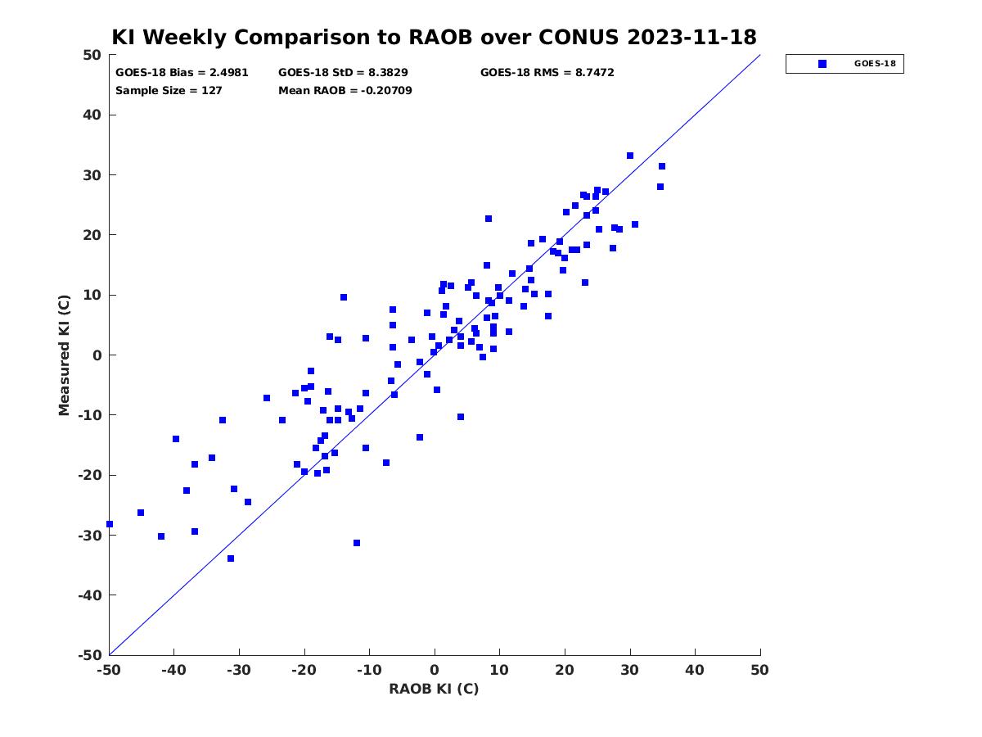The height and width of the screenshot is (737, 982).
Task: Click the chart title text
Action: click(x=434, y=37)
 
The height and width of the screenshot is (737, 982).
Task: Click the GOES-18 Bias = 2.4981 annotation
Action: click(x=182, y=73)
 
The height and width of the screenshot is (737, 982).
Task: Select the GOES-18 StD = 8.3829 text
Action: click(x=343, y=73)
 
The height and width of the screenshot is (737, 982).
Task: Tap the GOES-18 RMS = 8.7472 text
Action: click(x=547, y=73)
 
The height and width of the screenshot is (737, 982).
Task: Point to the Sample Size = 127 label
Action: click(x=169, y=90)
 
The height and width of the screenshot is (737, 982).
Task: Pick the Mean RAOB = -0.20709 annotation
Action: click(x=345, y=90)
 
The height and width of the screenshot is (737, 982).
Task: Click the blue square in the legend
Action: click(x=822, y=64)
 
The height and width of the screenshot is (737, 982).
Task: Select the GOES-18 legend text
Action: click(x=875, y=64)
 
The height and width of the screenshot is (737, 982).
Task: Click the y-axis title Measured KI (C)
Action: click(x=64, y=355)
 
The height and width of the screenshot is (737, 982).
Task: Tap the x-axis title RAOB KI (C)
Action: click(x=434, y=689)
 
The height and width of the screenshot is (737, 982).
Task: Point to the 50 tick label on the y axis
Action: click(x=92, y=55)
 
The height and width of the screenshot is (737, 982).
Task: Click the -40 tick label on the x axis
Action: click(x=173, y=670)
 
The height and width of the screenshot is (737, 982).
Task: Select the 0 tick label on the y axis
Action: click(x=97, y=355)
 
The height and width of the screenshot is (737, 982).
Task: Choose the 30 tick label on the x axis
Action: click(x=629, y=670)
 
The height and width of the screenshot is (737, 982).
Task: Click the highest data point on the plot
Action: click(x=629, y=156)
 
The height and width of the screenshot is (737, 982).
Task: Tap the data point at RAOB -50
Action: click(x=110, y=524)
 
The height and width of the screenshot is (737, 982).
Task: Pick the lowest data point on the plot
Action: click(x=231, y=558)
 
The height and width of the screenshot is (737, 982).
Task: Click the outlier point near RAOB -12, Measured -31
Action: click(x=357, y=543)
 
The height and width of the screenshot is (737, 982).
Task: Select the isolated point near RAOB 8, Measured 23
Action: click(x=489, y=219)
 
